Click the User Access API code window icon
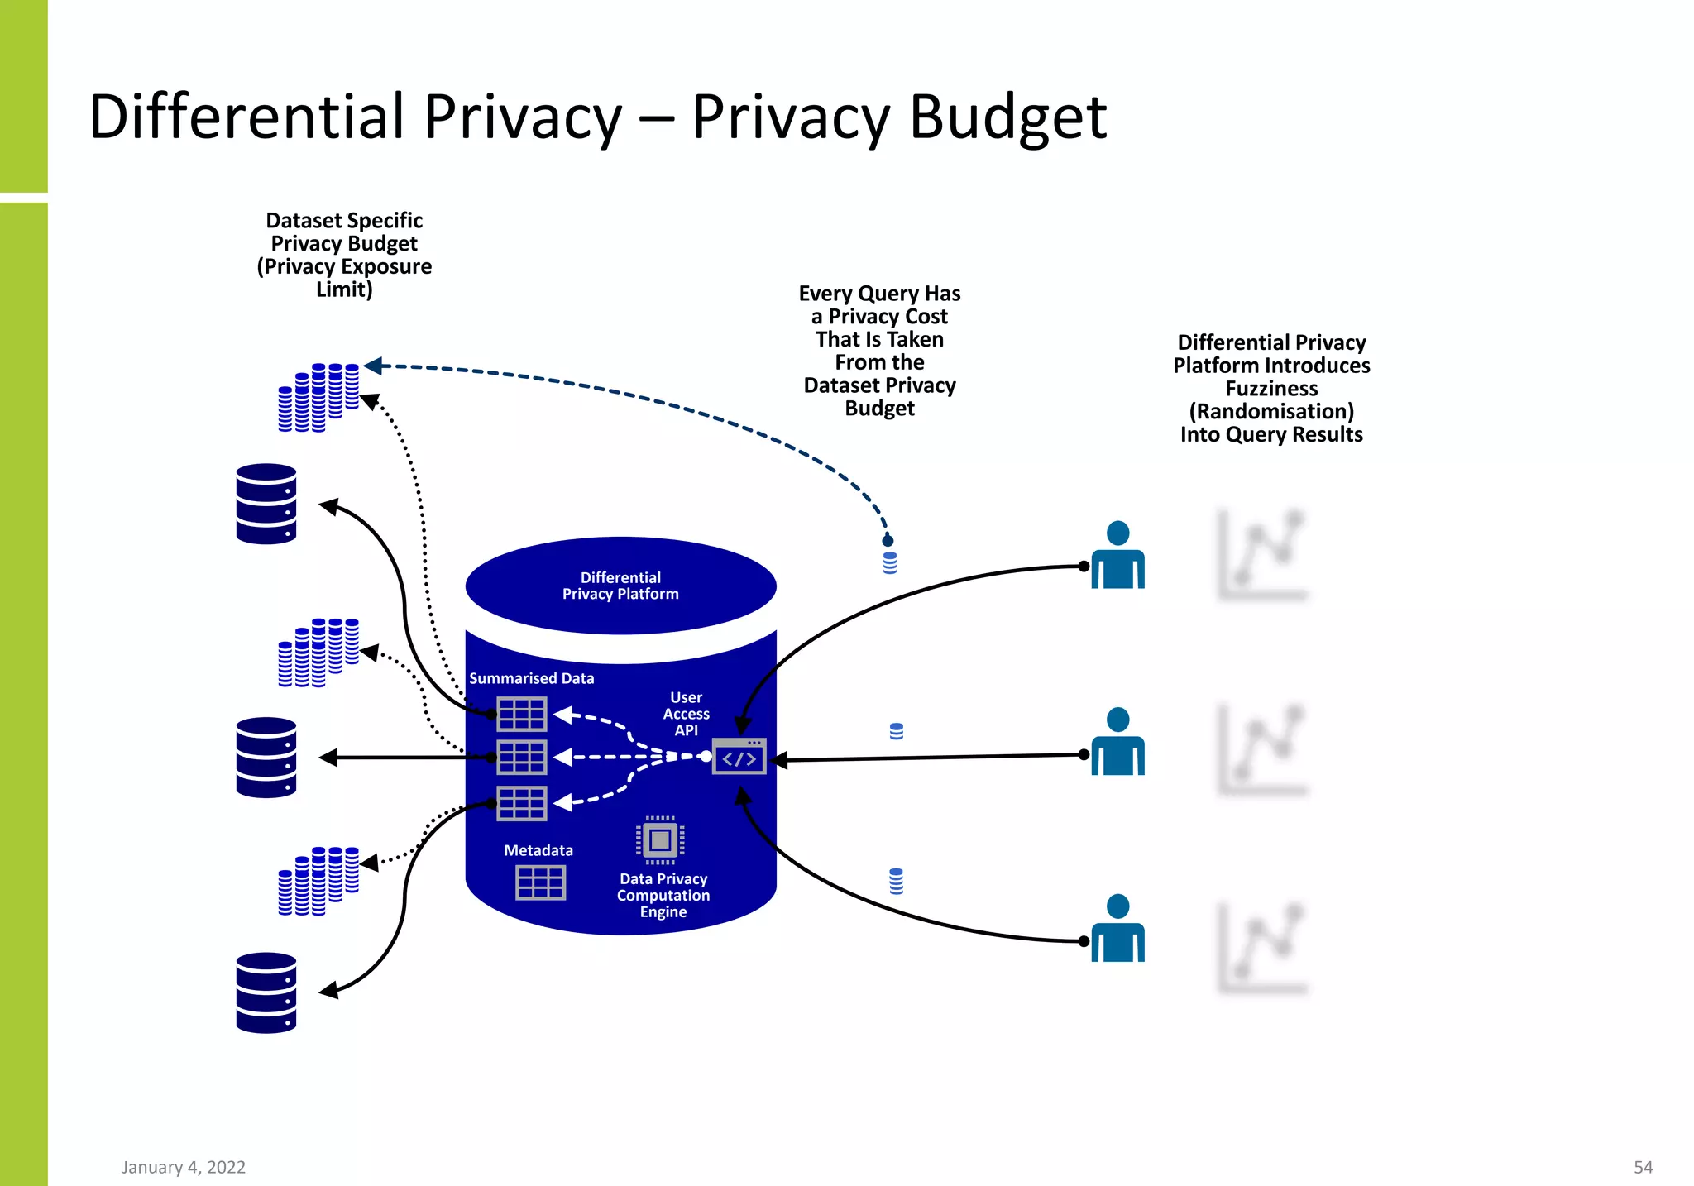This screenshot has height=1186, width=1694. [739, 757]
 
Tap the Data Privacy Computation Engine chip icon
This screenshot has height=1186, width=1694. [660, 840]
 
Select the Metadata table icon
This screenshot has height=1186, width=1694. [540, 882]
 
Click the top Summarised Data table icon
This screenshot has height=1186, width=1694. [521, 714]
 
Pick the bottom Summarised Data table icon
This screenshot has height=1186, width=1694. [521, 803]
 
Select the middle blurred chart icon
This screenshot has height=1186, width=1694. [1261, 749]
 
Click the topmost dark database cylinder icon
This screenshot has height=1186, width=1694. [266, 504]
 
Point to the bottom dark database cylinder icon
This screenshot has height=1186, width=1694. [266, 992]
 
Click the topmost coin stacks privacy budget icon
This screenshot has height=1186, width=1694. [318, 397]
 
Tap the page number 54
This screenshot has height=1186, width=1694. [1643, 1167]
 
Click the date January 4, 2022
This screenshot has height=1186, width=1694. [184, 1167]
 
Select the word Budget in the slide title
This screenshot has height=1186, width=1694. [1007, 117]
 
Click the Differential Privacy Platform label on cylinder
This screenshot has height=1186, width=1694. [620, 586]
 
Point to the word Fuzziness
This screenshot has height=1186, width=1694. [1271, 389]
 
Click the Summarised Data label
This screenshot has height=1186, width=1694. [531, 678]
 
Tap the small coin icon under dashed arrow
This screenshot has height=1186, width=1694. [890, 562]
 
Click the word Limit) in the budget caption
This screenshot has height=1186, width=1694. [344, 289]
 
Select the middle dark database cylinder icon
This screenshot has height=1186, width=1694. [266, 757]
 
